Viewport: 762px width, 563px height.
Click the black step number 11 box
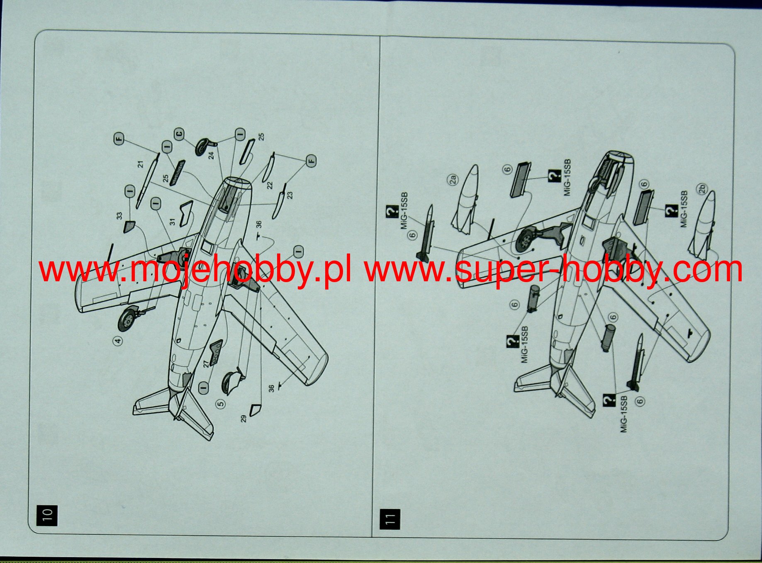pos(390,519)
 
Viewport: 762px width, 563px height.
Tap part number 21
pos(141,164)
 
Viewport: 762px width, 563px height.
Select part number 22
pos(270,185)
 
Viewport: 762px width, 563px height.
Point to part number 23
pos(290,194)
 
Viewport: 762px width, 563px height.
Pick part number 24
pos(211,155)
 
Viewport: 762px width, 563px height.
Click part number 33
pos(119,216)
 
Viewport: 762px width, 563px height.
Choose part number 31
pos(173,222)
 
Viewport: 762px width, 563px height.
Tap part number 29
pos(243,419)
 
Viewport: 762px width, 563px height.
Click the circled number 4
pos(118,341)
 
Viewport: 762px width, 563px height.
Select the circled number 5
pos(221,403)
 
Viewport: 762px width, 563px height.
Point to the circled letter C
pos(179,134)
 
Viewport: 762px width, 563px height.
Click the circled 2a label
pos(453,180)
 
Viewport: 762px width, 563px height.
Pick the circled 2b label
pos(702,189)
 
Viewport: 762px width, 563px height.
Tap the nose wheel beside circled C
pos(205,146)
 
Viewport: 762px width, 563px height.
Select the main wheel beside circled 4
pos(128,318)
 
